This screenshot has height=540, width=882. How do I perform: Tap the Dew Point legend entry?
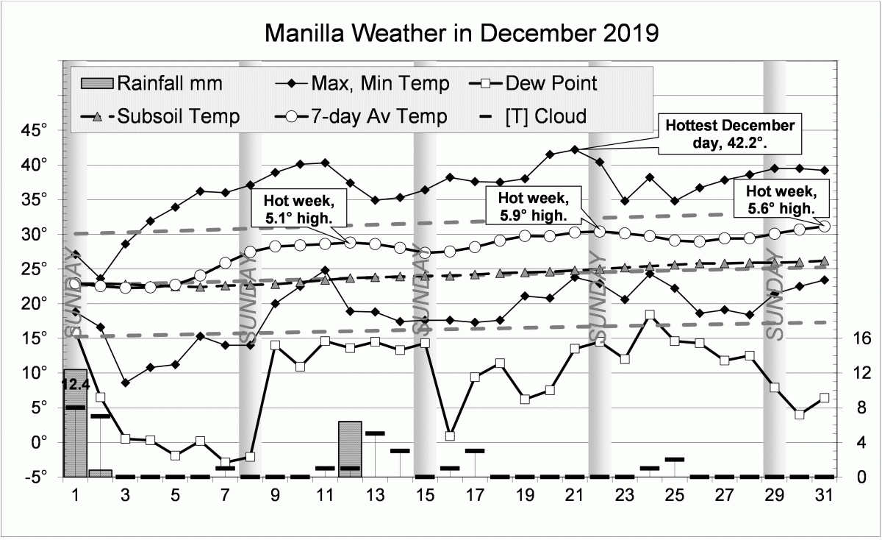pyautogui.click(x=533, y=82)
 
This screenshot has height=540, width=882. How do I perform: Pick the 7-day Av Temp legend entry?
pyautogui.click(x=360, y=116)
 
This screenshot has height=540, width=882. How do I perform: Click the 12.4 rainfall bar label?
pyautogui.click(x=75, y=384)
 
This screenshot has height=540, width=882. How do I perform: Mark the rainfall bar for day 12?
pyautogui.click(x=350, y=449)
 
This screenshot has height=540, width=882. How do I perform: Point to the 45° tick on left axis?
pyautogui.click(x=34, y=130)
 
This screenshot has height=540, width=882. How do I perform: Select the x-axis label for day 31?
pyautogui.click(x=824, y=495)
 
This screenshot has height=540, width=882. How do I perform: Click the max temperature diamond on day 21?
pyautogui.click(x=575, y=149)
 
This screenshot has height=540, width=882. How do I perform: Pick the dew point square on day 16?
pyautogui.click(x=450, y=436)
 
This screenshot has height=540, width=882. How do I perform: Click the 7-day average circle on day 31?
pyautogui.click(x=825, y=226)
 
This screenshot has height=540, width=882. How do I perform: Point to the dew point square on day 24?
pyautogui.click(x=650, y=315)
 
